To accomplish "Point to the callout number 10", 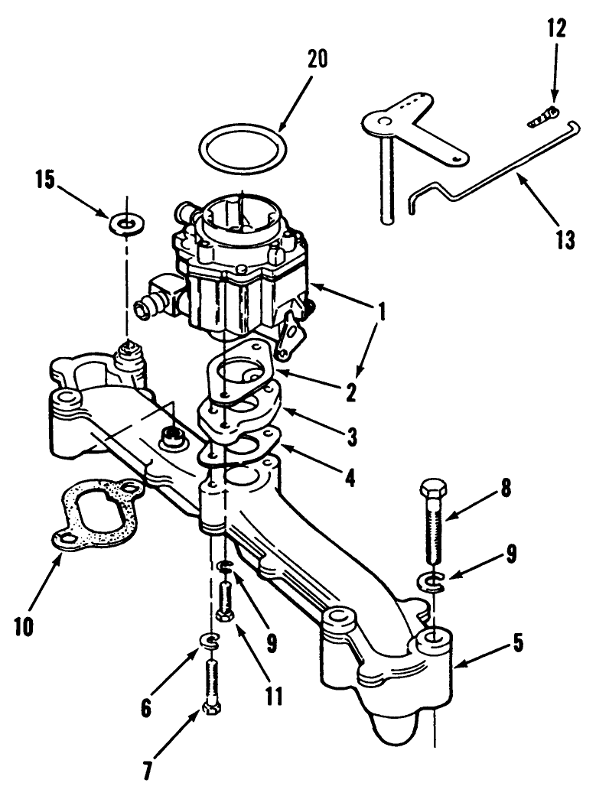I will tap(23, 626).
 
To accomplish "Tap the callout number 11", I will tap(274, 696).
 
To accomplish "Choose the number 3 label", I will tap(350, 437).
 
